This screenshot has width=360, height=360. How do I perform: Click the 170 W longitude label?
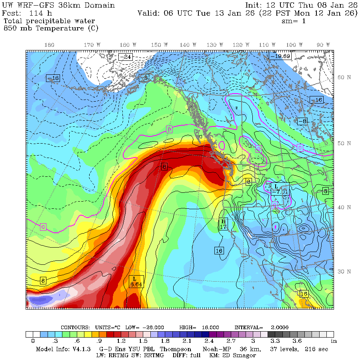(93, 45)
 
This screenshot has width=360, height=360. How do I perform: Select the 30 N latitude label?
(345, 272)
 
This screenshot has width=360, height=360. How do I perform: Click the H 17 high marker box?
(224, 224)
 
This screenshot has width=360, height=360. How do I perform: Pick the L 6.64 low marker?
(136, 281)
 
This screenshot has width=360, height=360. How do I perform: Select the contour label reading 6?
(164, 166)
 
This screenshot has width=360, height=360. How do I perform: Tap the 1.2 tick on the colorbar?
(122, 341)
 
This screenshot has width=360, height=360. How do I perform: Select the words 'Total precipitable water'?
(50, 21)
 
